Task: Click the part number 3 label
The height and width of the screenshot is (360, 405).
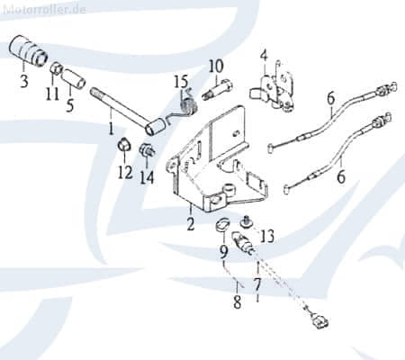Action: point(24,80)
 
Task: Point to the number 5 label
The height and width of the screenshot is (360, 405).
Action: point(69,105)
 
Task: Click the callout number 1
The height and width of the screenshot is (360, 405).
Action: point(112,129)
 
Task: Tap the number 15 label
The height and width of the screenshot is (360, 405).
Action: point(181,82)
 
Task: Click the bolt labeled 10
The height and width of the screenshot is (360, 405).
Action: point(218,89)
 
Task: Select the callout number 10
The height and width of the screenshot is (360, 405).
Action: point(216,66)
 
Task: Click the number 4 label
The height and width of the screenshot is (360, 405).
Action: point(264,56)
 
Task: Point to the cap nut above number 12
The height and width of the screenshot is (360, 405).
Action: point(124,145)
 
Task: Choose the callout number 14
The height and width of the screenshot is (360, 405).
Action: point(147,177)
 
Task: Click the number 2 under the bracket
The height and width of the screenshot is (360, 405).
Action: point(191,224)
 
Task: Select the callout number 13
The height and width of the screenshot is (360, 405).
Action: point(267,236)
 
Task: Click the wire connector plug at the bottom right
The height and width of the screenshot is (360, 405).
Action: point(319,322)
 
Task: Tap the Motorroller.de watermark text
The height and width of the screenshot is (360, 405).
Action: point(45,9)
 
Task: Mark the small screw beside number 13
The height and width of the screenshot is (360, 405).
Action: point(246,222)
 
